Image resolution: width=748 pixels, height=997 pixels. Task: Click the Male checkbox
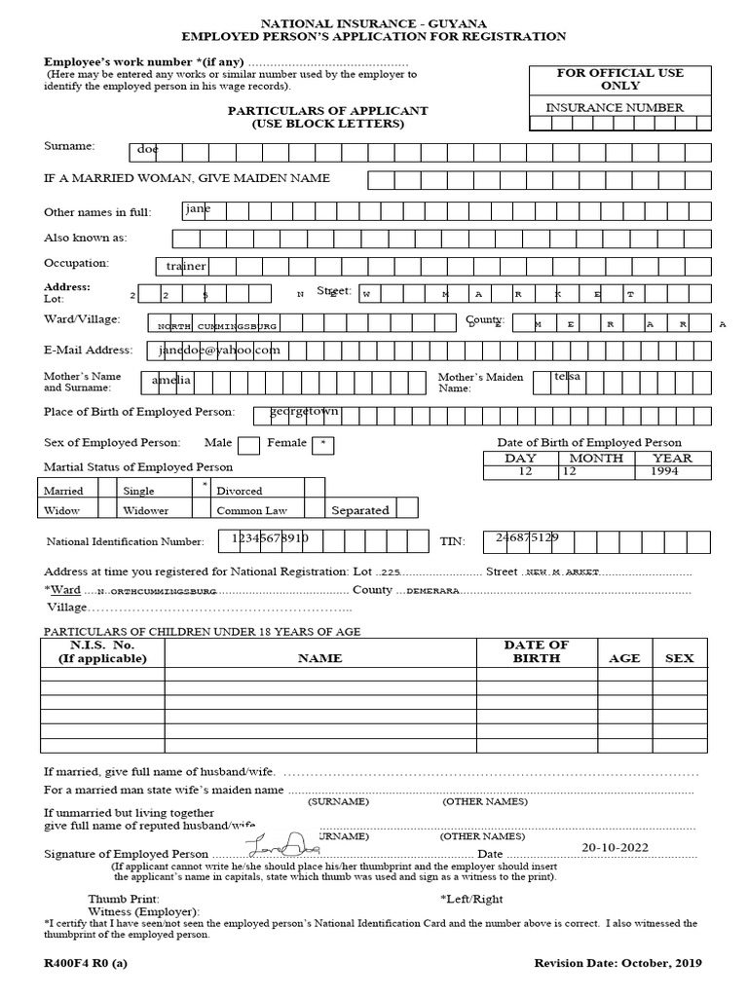click(x=248, y=446)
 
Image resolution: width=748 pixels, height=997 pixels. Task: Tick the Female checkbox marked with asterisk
click(x=323, y=445)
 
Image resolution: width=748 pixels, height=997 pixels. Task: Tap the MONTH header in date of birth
click(x=596, y=458)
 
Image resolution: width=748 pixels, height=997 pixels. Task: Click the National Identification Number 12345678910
click(x=270, y=537)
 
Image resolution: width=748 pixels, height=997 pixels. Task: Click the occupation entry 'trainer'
click(x=186, y=266)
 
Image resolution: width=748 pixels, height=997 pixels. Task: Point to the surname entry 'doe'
click(x=147, y=151)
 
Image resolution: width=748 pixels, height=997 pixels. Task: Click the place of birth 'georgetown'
click(x=305, y=412)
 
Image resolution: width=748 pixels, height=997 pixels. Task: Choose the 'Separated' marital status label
click(x=359, y=510)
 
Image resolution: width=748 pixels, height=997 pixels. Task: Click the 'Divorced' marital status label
click(x=239, y=491)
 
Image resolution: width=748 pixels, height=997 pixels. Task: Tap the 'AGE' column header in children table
click(x=624, y=658)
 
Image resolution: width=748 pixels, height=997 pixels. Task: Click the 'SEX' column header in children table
click(x=679, y=658)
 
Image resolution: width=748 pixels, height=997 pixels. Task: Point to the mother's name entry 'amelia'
click(x=172, y=380)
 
